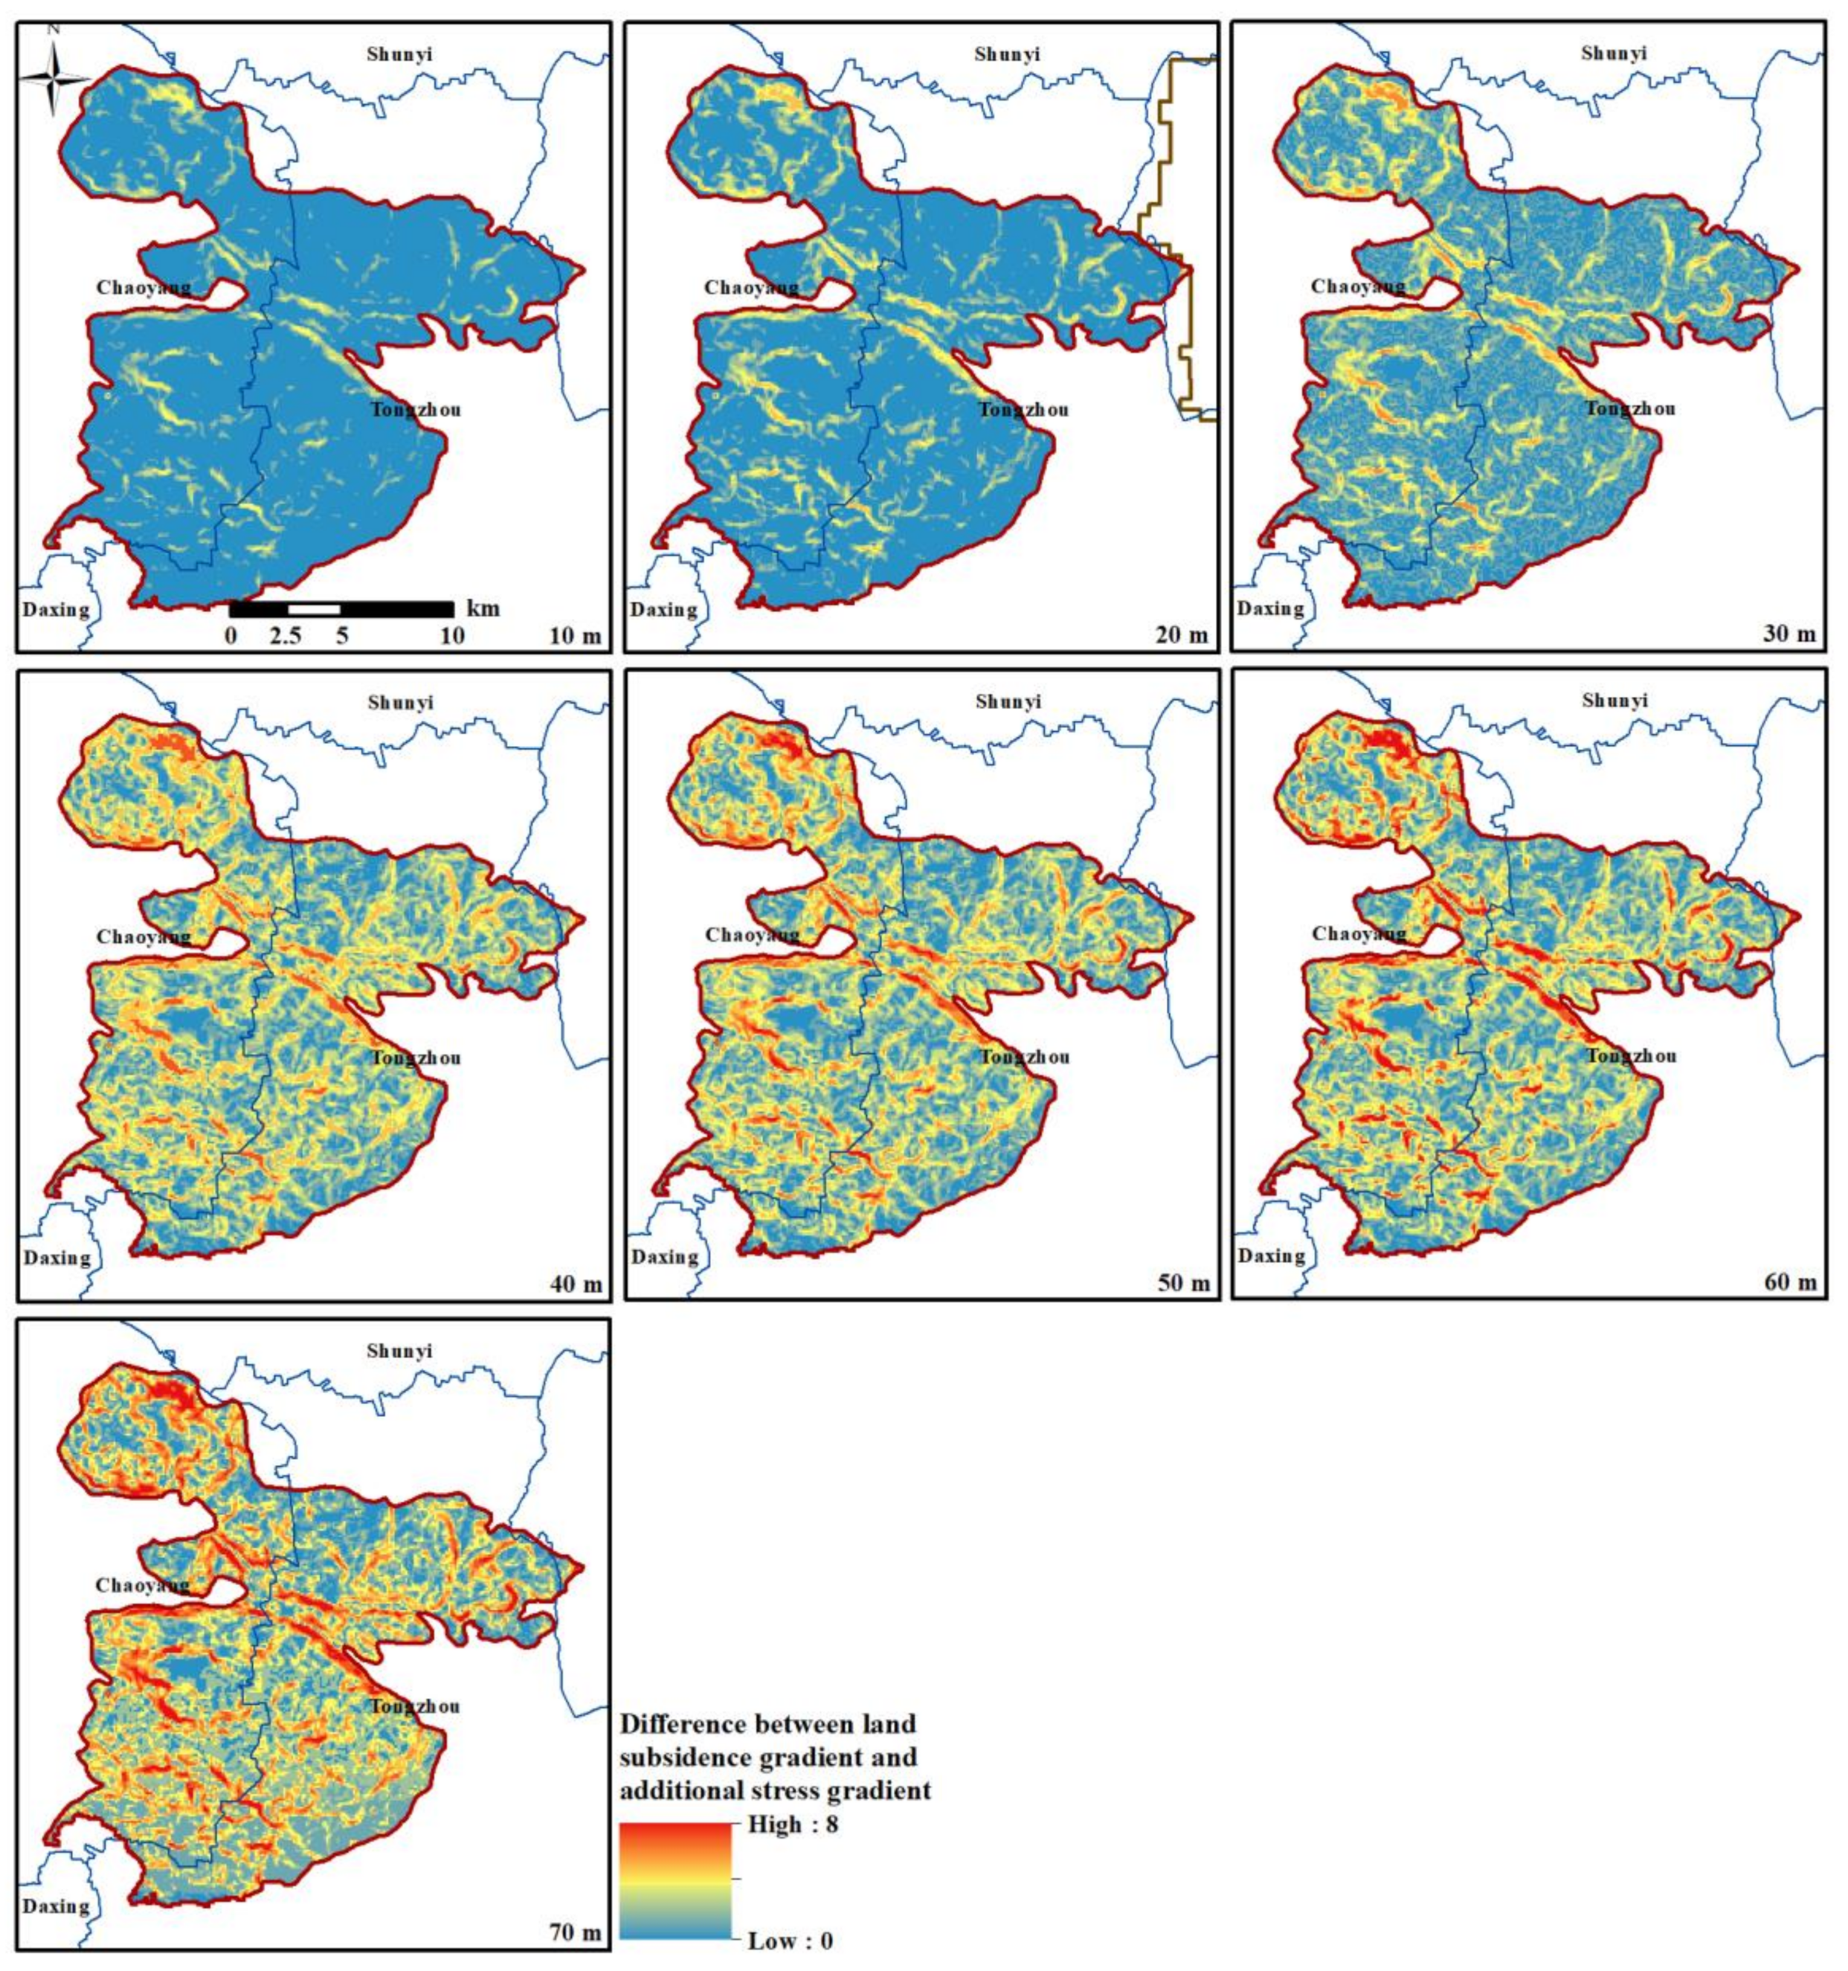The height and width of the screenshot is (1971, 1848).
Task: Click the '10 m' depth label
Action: [x=575, y=635]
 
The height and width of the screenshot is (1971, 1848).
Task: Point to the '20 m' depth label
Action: [x=1182, y=634]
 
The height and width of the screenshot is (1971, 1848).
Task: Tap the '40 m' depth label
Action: [x=575, y=1285]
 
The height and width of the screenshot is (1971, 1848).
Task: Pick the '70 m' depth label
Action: [x=575, y=1933]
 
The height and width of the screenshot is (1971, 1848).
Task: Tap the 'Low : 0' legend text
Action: [x=791, y=1941]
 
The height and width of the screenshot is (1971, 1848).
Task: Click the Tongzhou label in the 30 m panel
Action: [x=1631, y=408]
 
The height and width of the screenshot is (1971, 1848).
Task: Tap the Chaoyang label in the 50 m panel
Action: [x=752, y=935]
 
